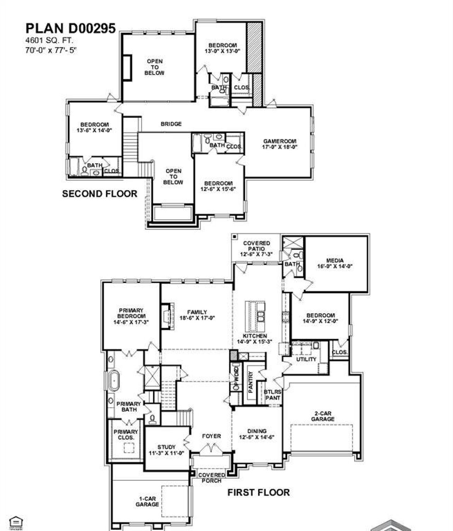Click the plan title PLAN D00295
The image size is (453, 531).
(70, 28)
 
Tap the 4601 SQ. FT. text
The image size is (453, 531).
(49, 41)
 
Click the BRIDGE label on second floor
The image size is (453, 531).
(171, 124)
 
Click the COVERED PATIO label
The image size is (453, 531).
(257, 246)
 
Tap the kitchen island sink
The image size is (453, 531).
(261, 316)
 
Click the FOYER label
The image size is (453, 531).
(211, 436)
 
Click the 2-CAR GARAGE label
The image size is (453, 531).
(322, 416)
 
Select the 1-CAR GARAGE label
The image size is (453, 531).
(147, 501)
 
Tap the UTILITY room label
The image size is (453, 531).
(306, 359)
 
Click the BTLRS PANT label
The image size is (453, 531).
(273, 395)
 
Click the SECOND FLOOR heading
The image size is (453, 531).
(99, 194)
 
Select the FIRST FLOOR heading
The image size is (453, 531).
(258, 492)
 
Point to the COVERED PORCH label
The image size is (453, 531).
(212, 478)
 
